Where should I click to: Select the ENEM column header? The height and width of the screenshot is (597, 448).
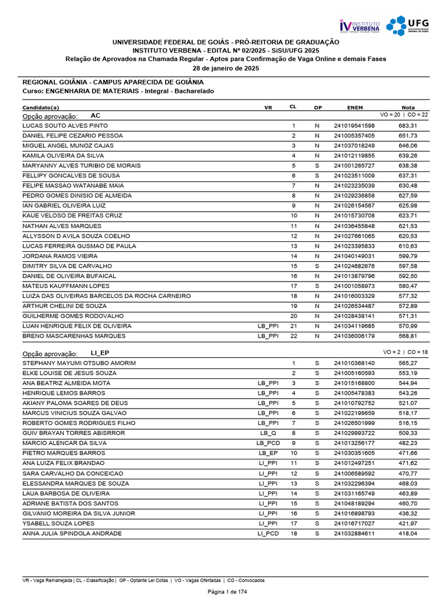point(355,108)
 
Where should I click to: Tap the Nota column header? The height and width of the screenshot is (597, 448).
point(408,108)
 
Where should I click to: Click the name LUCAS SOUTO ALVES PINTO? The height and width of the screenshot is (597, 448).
point(65,125)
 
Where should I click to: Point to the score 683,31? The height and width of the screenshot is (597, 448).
point(408,125)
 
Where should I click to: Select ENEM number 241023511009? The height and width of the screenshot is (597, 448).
point(354,175)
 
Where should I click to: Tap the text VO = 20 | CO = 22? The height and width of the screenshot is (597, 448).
point(404,115)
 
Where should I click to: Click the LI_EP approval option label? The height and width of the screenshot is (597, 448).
point(100,353)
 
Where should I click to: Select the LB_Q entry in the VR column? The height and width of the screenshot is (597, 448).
point(268,433)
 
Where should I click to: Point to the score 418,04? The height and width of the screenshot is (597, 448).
point(408,533)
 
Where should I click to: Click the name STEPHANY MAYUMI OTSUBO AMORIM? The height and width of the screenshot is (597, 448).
point(79,363)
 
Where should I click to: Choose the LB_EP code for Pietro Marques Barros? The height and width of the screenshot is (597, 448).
point(268,453)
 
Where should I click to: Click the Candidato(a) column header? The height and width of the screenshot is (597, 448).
point(41,108)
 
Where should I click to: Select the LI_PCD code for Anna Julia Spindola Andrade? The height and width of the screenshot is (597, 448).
point(268,533)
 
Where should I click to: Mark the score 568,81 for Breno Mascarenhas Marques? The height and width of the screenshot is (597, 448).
point(408,336)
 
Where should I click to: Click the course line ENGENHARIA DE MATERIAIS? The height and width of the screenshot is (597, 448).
point(118,92)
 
